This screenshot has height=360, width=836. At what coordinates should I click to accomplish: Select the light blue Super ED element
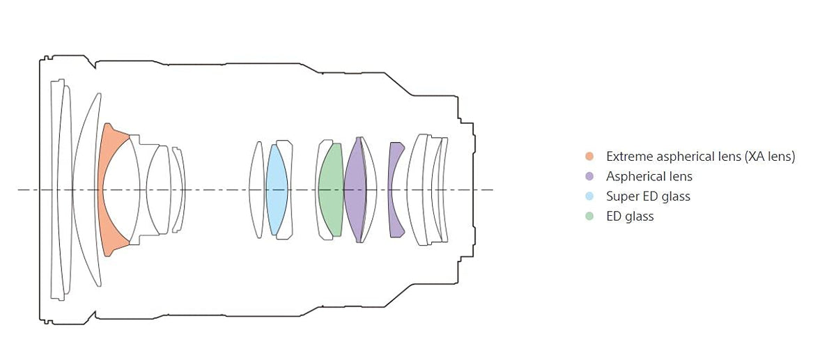pyautogui.click(x=277, y=190)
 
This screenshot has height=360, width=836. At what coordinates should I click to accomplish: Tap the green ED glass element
pyautogui.click(x=331, y=190)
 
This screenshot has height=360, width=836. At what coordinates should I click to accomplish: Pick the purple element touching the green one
pyautogui.click(x=355, y=190)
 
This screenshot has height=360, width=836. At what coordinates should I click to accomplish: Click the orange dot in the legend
pyautogui.click(x=589, y=156)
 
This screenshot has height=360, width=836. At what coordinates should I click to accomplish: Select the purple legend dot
pyautogui.click(x=589, y=176)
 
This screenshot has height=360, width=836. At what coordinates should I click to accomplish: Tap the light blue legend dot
pyautogui.click(x=589, y=196)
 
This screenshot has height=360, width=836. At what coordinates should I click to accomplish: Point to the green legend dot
pyautogui.click(x=589, y=217)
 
